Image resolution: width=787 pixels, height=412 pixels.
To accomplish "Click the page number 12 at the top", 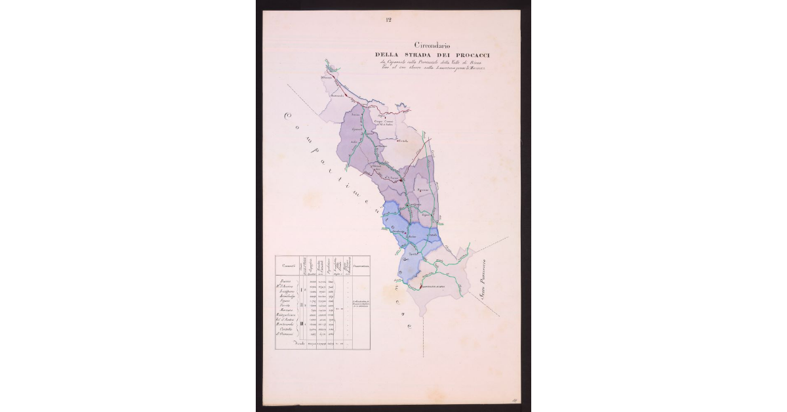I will point(388,20).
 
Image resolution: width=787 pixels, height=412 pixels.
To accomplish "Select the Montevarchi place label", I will point(338,97).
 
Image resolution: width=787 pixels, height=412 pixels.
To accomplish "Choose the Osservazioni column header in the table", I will point(360,266).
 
